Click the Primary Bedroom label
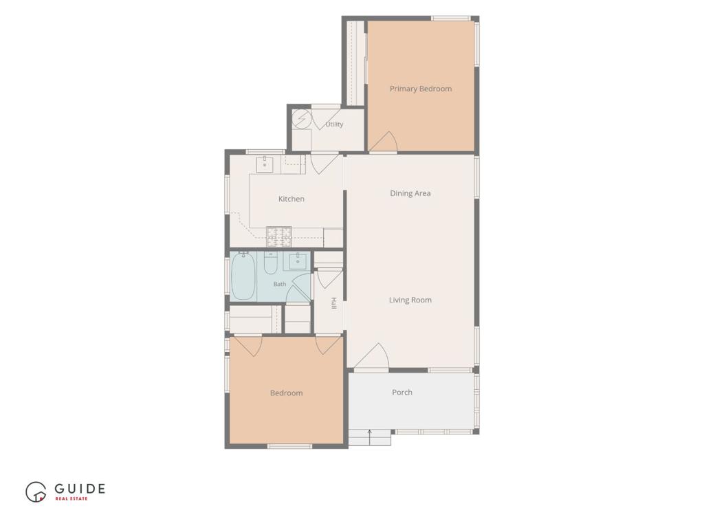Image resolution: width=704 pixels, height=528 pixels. pyautogui.click(x=421, y=89)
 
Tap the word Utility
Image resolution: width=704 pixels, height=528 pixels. pyautogui.click(x=335, y=124)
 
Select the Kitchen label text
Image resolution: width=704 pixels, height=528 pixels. pyautogui.click(x=291, y=199)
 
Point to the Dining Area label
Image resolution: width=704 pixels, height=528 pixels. pyautogui.click(x=410, y=193)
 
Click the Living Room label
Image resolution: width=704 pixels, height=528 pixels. pyautogui.click(x=410, y=300)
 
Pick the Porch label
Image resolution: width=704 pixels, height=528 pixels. pyautogui.click(x=402, y=393)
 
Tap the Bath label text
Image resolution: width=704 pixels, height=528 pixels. pyautogui.click(x=280, y=284)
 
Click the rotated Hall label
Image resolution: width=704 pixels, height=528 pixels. pyautogui.click(x=333, y=303)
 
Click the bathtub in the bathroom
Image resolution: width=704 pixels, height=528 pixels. pyautogui.click(x=243, y=276)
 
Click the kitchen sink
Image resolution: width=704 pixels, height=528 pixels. pyautogui.click(x=265, y=164)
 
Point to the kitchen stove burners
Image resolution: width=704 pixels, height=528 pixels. pyautogui.click(x=279, y=237)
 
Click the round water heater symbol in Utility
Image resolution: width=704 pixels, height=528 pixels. pyautogui.click(x=302, y=119)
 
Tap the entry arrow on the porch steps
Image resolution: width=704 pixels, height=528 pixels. pyautogui.click(x=369, y=437)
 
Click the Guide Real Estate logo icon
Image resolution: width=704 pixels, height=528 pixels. pyautogui.click(x=36, y=492)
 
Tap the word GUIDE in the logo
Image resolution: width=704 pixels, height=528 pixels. pyautogui.click(x=80, y=489)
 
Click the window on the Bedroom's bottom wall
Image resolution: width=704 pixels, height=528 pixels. pyautogui.click(x=289, y=446)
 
